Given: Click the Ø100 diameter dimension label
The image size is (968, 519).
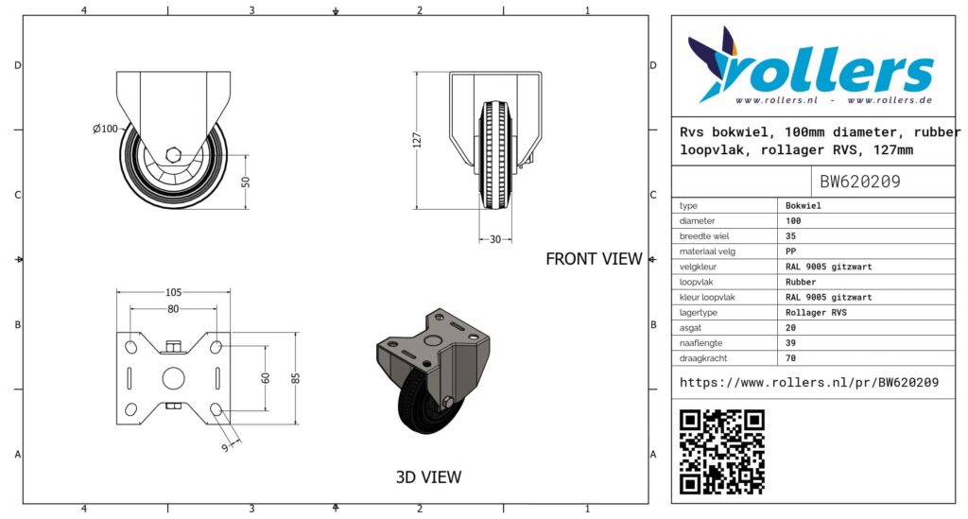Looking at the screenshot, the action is click(x=105, y=129).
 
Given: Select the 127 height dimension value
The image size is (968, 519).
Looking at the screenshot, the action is click(x=417, y=140).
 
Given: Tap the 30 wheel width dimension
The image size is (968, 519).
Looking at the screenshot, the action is click(x=495, y=239).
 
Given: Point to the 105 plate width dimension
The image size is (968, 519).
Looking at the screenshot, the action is click(x=174, y=292).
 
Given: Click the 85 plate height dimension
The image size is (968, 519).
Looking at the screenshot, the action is click(x=296, y=378).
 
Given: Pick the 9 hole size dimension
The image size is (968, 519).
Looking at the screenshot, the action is click(x=225, y=447).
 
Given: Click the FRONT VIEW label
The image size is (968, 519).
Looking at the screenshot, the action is click(x=594, y=259).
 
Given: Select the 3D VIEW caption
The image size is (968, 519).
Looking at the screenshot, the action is click(x=428, y=477).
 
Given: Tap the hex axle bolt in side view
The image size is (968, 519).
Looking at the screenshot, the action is click(x=174, y=154).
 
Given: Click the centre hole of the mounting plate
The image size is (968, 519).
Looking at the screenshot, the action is click(x=174, y=378).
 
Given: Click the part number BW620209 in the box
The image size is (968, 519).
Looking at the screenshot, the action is click(x=860, y=182).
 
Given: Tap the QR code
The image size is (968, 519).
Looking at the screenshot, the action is click(x=721, y=452).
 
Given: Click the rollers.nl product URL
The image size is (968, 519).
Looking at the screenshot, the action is click(x=809, y=383).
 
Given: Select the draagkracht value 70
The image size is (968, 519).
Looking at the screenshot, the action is click(x=791, y=358).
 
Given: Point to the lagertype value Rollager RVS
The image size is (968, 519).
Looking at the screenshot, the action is click(x=816, y=312).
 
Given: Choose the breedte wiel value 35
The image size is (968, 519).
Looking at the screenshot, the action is click(x=791, y=235).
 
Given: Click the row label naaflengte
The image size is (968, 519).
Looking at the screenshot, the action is click(x=700, y=343).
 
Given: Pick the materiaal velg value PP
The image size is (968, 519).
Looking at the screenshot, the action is click(x=791, y=251).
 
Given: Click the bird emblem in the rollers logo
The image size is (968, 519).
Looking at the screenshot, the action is click(x=714, y=63).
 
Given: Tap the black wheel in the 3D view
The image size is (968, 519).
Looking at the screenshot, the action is click(x=421, y=405).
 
